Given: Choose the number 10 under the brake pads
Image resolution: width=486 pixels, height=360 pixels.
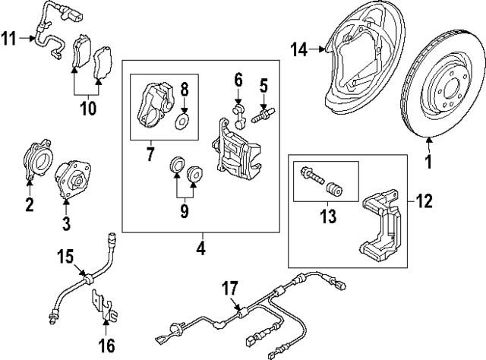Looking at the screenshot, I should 89,107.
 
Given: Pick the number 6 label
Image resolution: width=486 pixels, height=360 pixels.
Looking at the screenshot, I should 238,79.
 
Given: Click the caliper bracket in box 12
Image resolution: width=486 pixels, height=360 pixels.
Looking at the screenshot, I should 384,225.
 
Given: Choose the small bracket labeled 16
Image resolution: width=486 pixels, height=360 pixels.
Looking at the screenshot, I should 103,308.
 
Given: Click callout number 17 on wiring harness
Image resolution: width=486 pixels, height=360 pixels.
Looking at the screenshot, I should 230,289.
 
